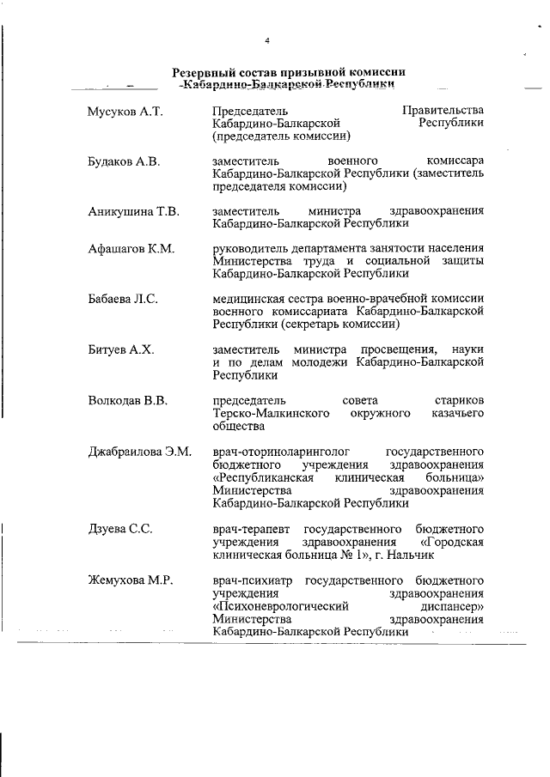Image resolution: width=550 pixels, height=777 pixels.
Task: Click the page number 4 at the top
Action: (x=267, y=41)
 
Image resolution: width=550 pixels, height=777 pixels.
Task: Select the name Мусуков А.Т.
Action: (x=125, y=111)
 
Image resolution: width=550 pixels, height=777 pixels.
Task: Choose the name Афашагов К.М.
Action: (x=131, y=249)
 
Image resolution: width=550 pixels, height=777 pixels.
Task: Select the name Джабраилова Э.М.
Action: (x=140, y=452)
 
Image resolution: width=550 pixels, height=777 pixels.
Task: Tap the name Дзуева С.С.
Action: (x=120, y=529)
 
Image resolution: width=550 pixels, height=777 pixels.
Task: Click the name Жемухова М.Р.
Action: (x=131, y=580)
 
